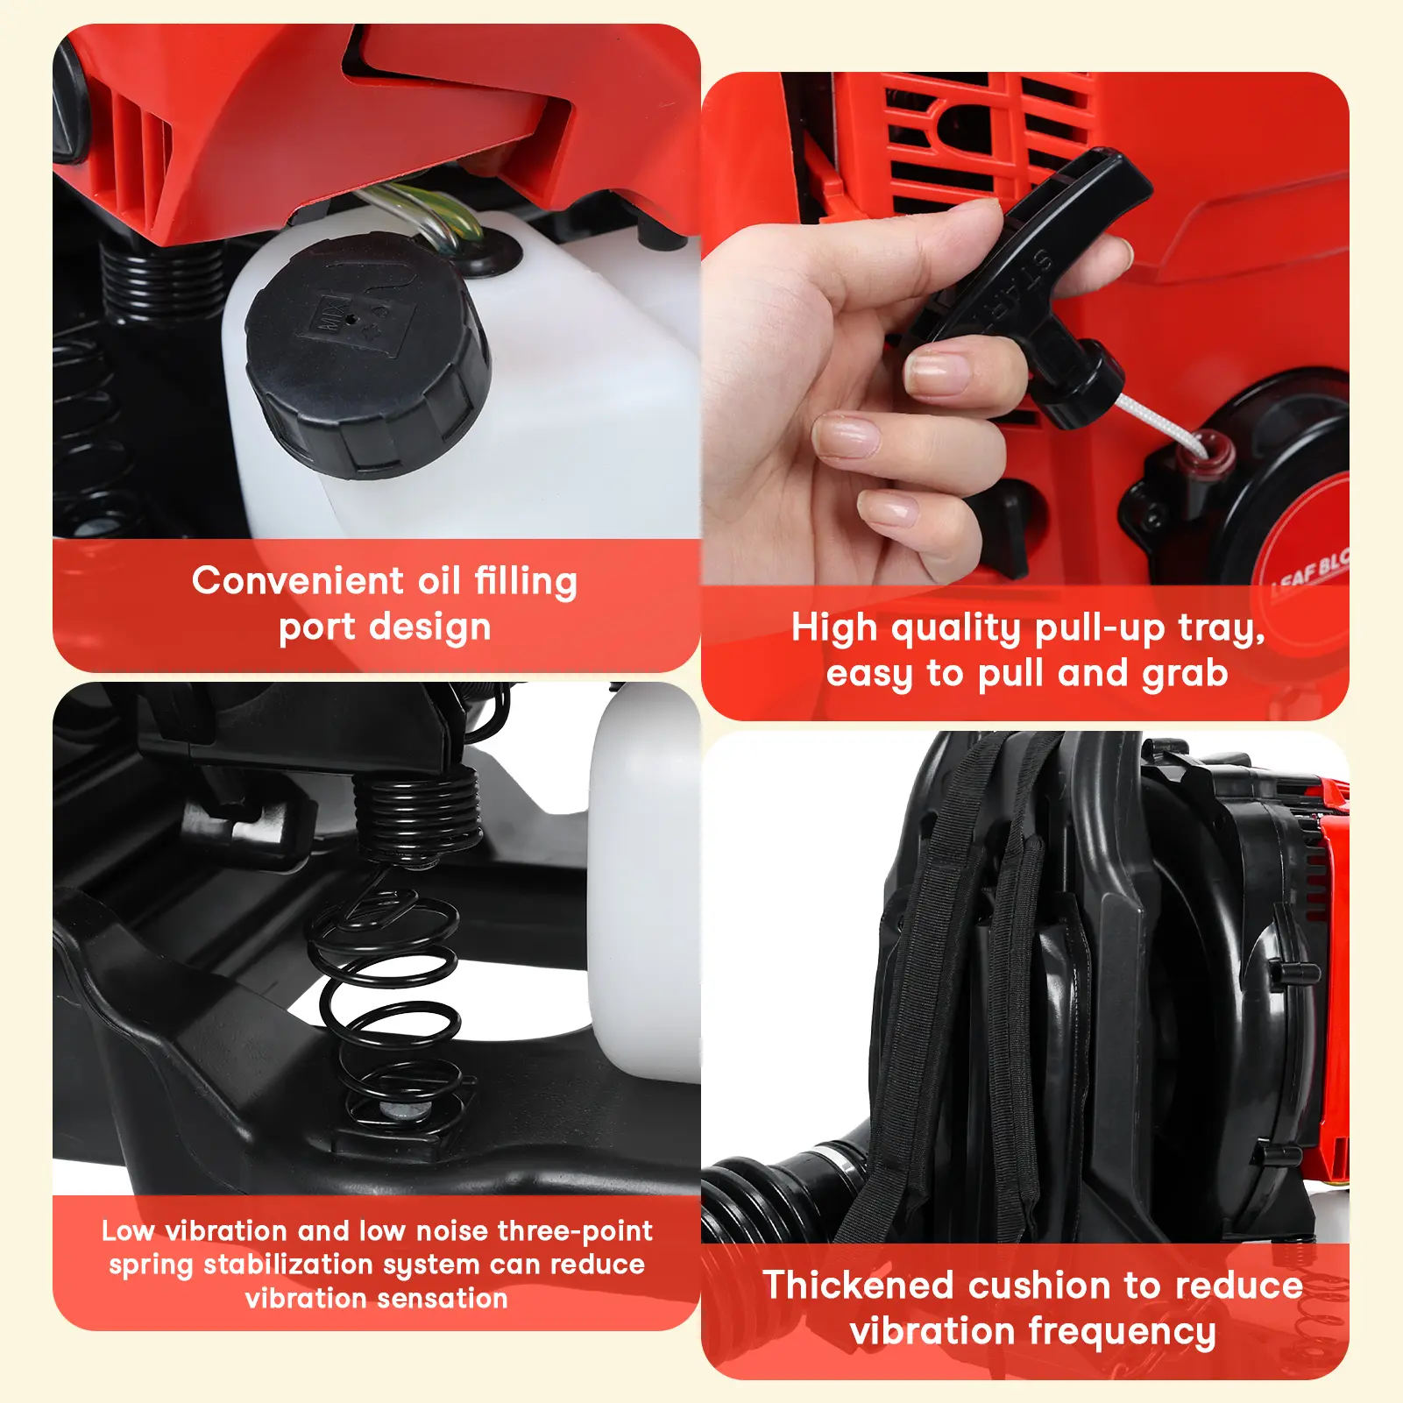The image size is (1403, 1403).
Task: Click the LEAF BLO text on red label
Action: point(1310,569)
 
